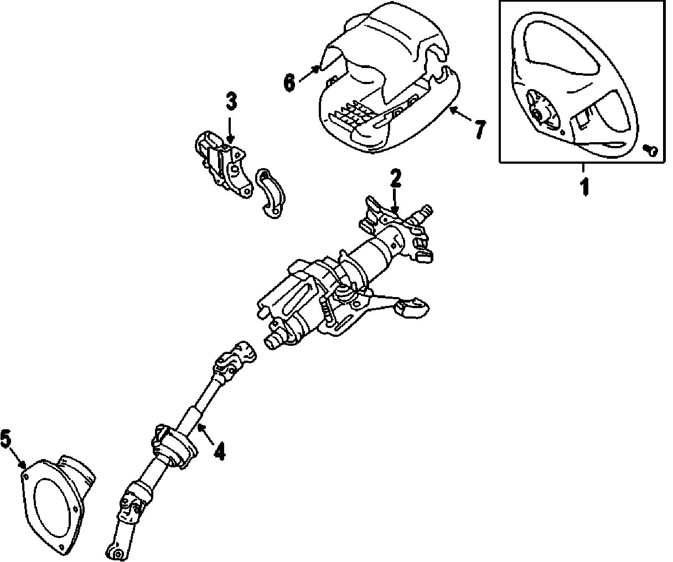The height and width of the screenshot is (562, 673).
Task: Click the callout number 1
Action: coord(584,187)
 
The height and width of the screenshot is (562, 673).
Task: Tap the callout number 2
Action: coord(395,179)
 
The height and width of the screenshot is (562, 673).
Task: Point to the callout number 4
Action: coord(219,452)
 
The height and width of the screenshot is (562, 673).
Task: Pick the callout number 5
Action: coord(6,441)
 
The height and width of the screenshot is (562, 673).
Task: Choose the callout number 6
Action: coord(289,83)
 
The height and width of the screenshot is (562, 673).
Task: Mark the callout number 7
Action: coord(479,130)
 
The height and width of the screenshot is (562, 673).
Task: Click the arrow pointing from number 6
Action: coord(309,75)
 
